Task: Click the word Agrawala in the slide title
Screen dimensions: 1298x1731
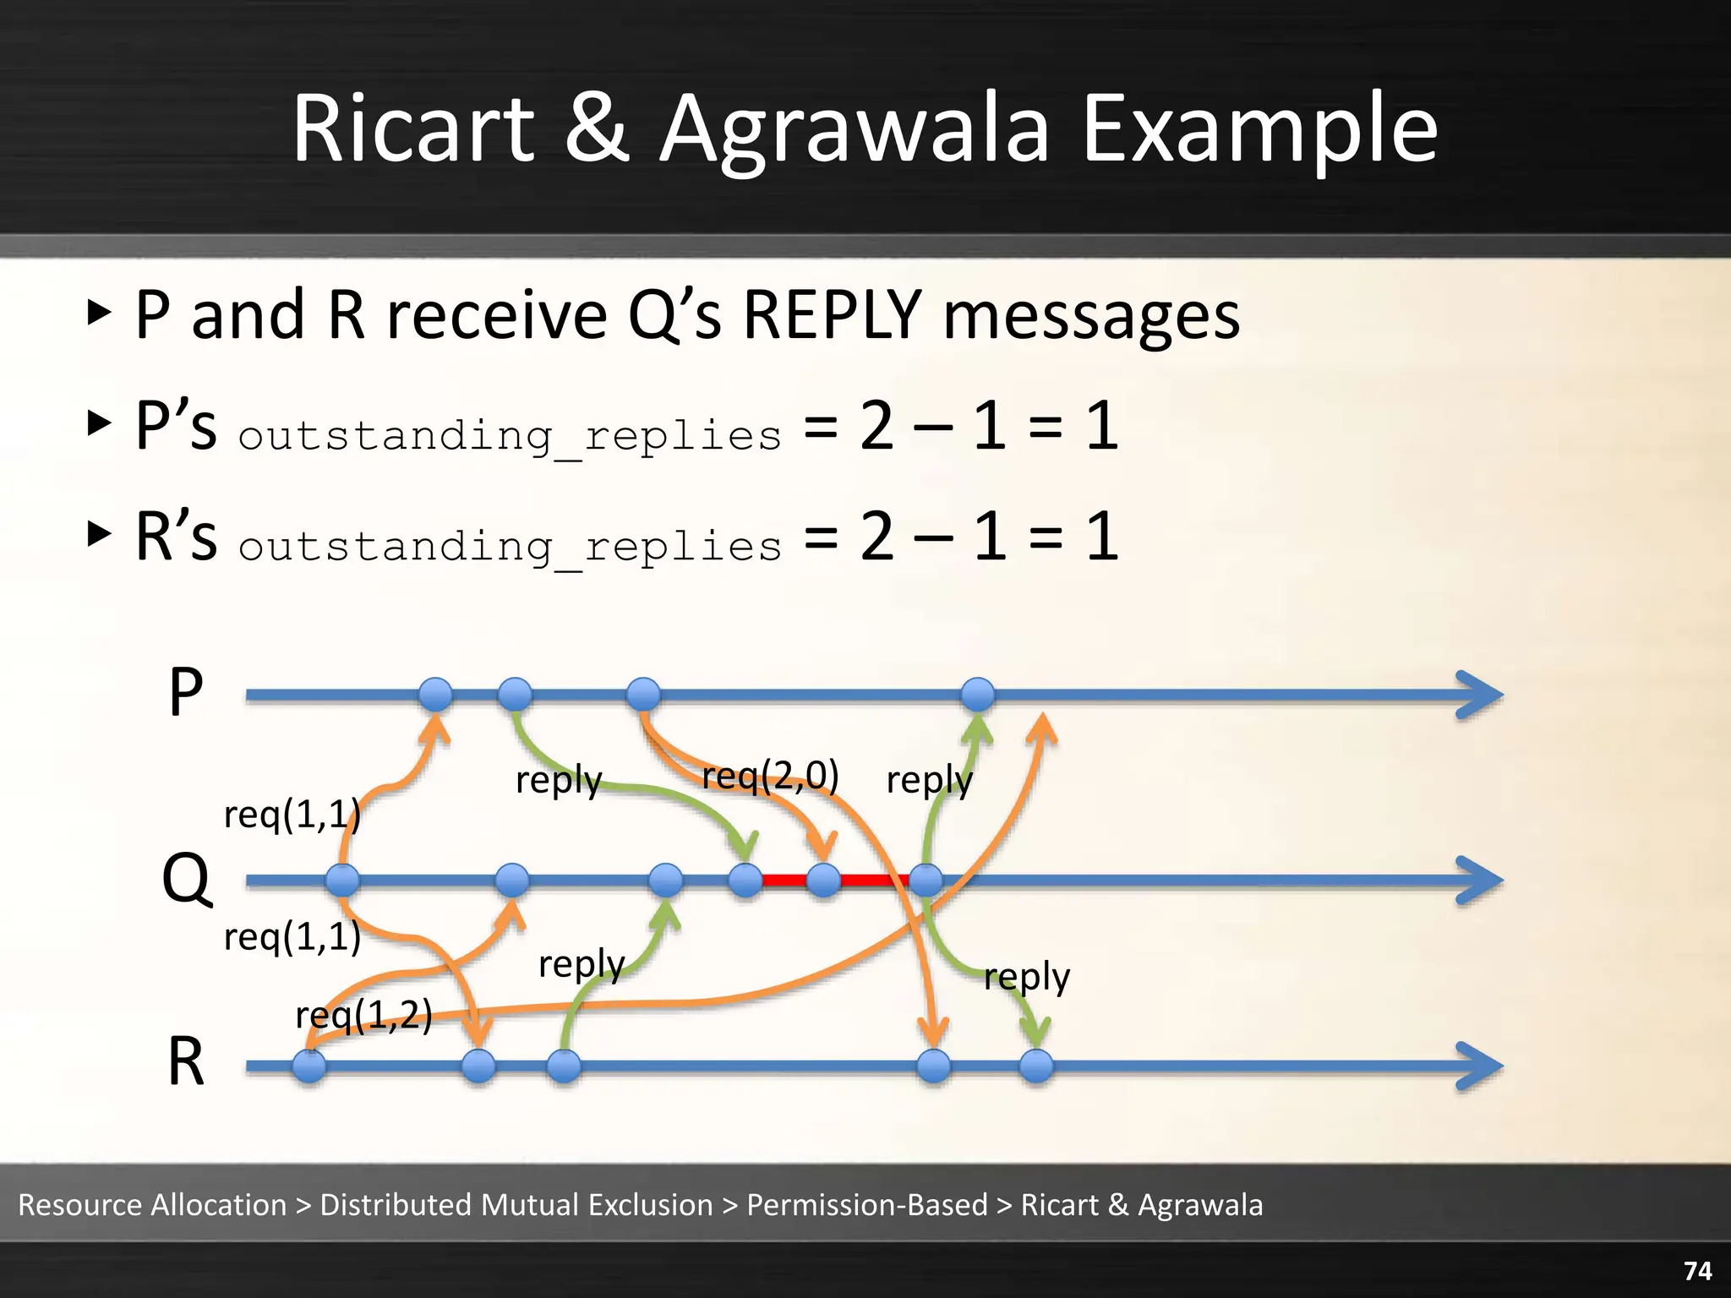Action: (854, 131)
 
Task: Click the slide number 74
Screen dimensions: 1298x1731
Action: (1697, 1271)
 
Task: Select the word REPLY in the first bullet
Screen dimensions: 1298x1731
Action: (832, 315)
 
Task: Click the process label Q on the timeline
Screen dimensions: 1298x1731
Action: (186, 879)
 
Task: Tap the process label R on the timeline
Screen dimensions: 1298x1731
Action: (186, 1062)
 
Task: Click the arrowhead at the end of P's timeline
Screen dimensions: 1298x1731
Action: (1481, 695)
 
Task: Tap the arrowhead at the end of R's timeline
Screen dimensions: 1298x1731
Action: (1481, 1066)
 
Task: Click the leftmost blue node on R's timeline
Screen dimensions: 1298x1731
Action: (309, 1066)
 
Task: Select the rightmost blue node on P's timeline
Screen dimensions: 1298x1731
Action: (978, 695)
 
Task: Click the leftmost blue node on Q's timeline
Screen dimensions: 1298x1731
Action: (342, 881)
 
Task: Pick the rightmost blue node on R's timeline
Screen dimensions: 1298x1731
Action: (1036, 1066)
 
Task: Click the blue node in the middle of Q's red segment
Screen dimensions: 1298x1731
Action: (823, 881)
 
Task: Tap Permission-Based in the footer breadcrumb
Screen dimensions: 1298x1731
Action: (867, 1205)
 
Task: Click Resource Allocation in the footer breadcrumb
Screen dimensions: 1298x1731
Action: (152, 1205)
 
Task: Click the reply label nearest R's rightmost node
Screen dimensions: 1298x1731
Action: (1026, 978)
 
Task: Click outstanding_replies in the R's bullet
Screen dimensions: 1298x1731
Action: (510, 547)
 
